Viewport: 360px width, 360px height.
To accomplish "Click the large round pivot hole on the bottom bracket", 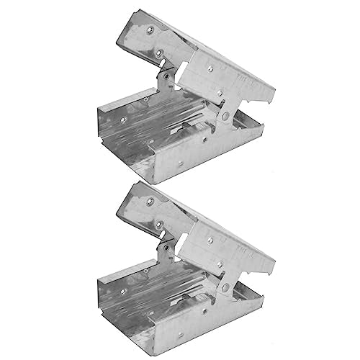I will tap(226, 289).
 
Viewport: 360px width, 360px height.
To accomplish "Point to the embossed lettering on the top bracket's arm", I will tap(260, 86).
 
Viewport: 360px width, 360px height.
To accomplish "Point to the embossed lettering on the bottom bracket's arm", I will tap(260, 258).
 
